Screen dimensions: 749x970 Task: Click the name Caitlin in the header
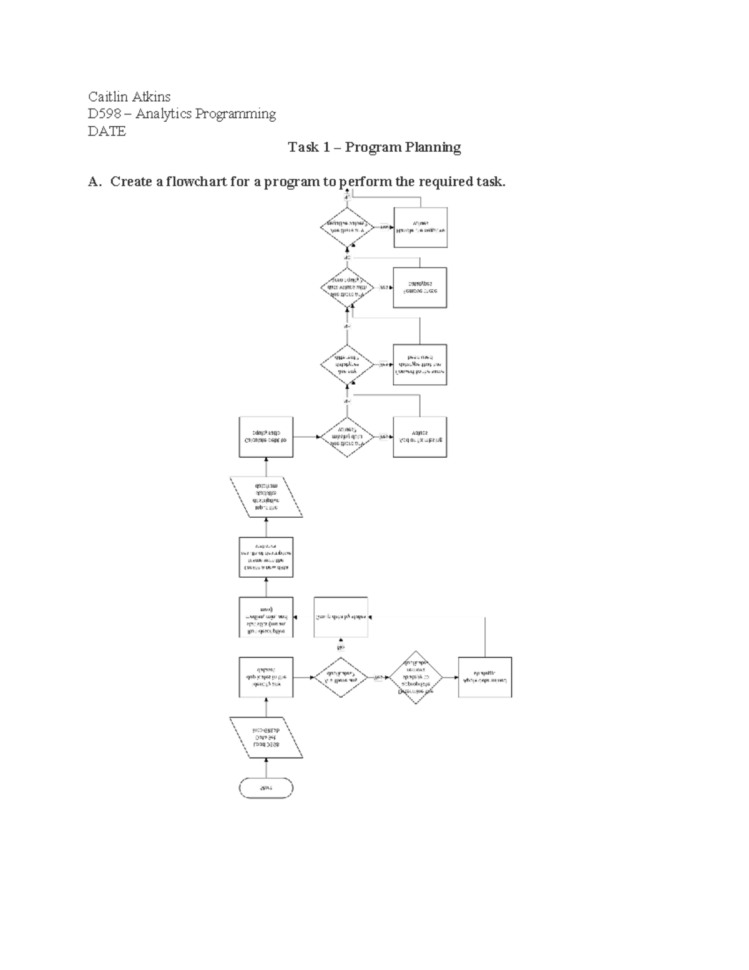pyautogui.click(x=107, y=96)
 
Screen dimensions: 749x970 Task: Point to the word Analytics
pyautogui.click(x=164, y=114)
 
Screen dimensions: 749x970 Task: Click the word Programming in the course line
pyautogui.click(x=235, y=114)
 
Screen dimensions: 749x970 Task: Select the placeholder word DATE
pyautogui.click(x=107, y=131)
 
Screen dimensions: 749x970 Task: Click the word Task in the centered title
pyautogui.click(x=303, y=147)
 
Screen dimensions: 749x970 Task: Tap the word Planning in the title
pyautogui.click(x=433, y=147)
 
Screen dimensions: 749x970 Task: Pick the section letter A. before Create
pyautogui.click(x=94, y=182)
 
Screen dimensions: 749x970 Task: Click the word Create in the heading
pyautogui.click(x=130, y=182)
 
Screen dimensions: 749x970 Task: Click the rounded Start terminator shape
pyautogui.click(x=266, y=788)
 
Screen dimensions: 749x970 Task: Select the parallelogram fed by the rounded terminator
pyautogui.click(x=266, y=738)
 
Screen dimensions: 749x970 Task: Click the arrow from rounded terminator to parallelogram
pyautogui.click(x=266, y=768)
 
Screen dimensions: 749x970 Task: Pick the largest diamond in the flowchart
pyautogui.click(x=416, y=678)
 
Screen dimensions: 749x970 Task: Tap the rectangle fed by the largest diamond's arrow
pyautogui.click(x=485, y=677)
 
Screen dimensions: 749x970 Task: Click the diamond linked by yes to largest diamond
pyautogui.click(x=341, y=677)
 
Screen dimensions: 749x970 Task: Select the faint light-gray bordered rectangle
pyautogui.click(x=341, y=617)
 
